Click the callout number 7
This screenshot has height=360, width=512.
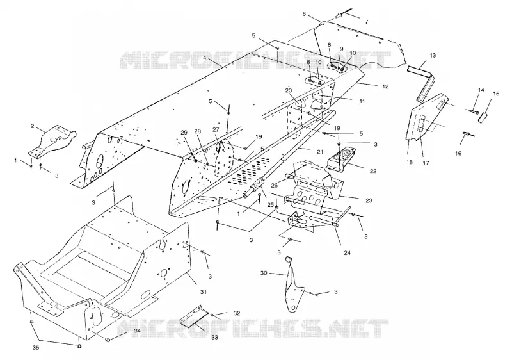[x=366, y=22]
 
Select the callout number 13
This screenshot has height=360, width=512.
[x=433, y=56]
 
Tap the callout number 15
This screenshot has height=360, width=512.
[x=496, y=94]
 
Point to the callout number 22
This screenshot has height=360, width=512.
[x=373, y=171]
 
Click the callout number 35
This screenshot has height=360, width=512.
[x=36, y=348]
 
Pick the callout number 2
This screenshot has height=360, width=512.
[x=33, y=126]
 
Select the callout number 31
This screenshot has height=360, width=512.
[x=203, y=291]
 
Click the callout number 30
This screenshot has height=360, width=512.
[x=264, y=272]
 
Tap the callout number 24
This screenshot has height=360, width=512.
[x=347, y=252]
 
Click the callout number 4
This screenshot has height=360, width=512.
[x=204, y=58]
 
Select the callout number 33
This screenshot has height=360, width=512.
[x=214, y=337]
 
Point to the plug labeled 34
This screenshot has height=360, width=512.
[x=108, y=340]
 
